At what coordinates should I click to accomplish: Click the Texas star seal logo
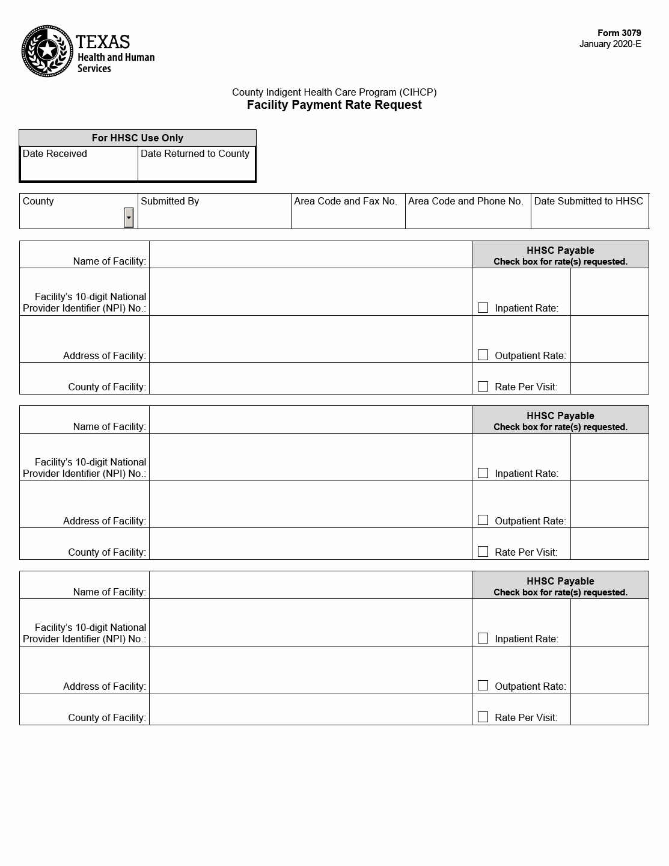pyautogui.click(x=47, y=51)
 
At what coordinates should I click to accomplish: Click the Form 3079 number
pyautogui.click(x=619, y=33)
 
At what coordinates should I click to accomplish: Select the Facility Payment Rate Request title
pyautogui.click(x=334, y=105)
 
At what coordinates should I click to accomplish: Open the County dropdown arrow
pyautogui.click(x=129, y=218)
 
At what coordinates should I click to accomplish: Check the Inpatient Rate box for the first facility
pyautogui.click(x=483, y=308)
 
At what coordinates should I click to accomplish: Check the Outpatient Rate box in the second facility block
pyautogui.click(x=483, y=520)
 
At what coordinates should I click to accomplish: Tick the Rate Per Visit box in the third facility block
pyautogui.click(x=483, y=717)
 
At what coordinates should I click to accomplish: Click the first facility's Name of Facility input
pyautogui.click(x=310, y=255)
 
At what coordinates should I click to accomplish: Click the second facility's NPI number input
pyautogui.click(x=310, y=457)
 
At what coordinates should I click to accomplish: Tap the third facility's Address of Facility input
pyautogui.click(x=310, y=670)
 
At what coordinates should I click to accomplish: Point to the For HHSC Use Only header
pyautogui.click(x=137, y=138)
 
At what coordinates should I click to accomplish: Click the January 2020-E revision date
pyautogui.click(x=609, y=44)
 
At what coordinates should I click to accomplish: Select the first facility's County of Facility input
pyautogui.click(x=310, y=379)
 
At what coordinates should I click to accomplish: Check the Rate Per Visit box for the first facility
pyautogui.click(x=483, y=386)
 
